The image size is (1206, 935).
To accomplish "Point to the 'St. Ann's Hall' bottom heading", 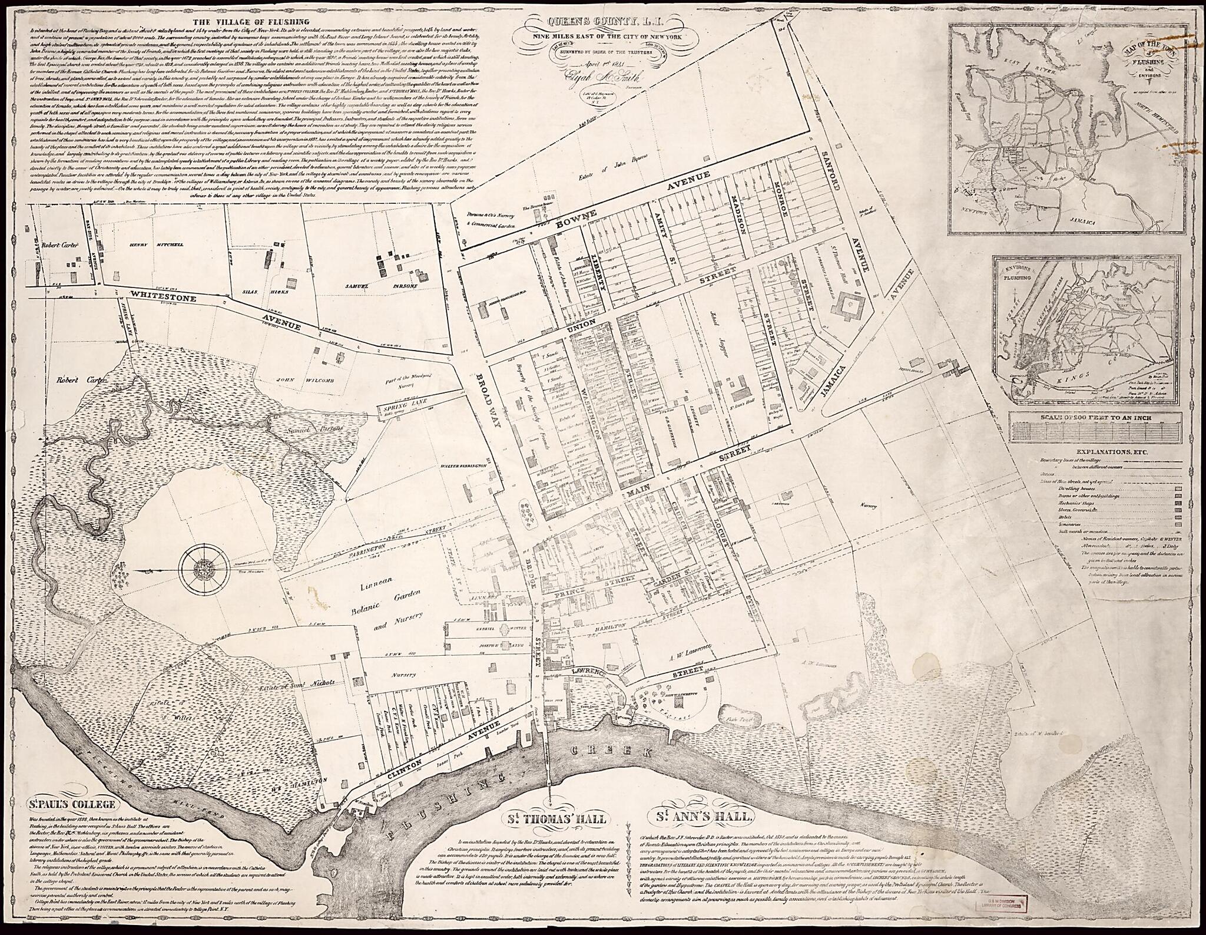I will pyautogui.click(x=701, y=817).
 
